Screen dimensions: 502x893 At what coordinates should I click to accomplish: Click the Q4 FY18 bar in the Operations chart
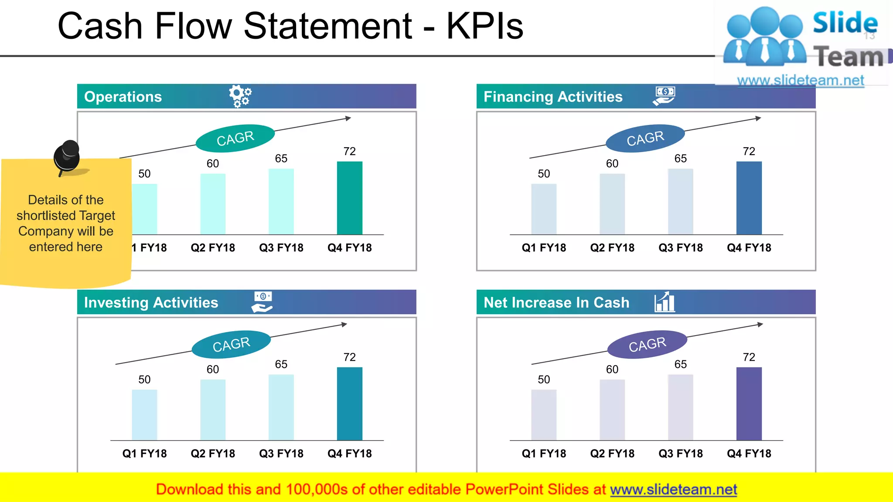tap(349, 198)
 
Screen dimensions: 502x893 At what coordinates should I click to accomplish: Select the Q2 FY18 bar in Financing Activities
tap(612, 204)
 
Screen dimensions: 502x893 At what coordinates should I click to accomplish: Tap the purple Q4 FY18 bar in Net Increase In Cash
tap(749, 404)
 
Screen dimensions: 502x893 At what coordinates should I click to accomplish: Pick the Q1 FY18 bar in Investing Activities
tap(144, 414)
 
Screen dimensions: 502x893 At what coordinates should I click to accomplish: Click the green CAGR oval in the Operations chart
tap(235, 139)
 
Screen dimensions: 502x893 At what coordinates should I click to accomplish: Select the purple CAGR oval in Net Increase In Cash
tap(647, 344)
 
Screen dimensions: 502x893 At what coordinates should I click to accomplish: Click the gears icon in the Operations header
tap(240, 96)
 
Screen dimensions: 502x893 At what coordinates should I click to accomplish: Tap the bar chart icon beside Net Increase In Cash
tap(665, 302)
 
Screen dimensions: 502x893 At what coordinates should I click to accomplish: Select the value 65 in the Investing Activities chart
tap(281, 364)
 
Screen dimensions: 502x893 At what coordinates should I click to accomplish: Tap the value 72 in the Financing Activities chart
tap(749, 152)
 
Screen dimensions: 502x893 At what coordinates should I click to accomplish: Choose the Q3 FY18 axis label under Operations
tap(281, 248)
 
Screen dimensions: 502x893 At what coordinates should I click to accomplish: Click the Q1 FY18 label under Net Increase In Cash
tap(544, 454)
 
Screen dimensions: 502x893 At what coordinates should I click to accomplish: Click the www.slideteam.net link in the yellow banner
tap(673, 490)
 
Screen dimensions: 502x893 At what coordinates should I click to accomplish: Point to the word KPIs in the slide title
tap(484, 26)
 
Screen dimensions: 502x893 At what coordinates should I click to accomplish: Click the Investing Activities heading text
tap(151, 302)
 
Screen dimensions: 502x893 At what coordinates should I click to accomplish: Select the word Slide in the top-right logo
tap(845, 23)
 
